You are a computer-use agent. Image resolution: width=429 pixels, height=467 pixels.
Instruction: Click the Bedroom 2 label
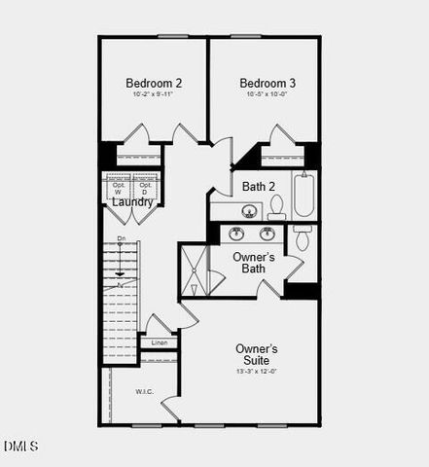click(x=154, y=83)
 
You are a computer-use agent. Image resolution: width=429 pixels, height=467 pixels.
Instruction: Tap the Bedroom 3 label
click(x=267, y=83)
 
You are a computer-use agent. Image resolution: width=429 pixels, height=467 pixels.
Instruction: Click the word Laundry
click(x=132, y=201)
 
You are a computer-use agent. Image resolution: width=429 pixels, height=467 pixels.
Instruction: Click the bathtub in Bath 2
click(x=304, y=195)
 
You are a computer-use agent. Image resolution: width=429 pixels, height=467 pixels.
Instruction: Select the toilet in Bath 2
click(x=276, y=205)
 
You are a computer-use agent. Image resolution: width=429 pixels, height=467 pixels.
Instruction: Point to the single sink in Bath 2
click(x=249, y=211)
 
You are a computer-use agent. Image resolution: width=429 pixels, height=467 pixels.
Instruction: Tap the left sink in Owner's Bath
click(x=235, y=233)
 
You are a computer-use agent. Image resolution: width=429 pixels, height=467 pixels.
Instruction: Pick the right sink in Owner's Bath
click(x=267, y=233)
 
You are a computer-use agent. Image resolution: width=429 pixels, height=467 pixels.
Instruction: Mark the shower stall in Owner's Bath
click(x=193, y=269)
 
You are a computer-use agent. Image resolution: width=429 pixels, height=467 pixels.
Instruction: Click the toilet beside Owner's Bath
click(x=303, y=237)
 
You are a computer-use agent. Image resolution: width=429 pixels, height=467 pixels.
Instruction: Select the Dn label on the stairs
click(x=121, y=238)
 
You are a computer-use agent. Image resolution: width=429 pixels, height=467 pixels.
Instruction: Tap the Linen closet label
click(x=159, y=342)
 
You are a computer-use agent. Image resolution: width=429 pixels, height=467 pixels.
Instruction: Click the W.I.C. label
click(x=145, y=391)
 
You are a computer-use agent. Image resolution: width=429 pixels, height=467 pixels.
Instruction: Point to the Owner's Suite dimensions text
click(x=257, y=371)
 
